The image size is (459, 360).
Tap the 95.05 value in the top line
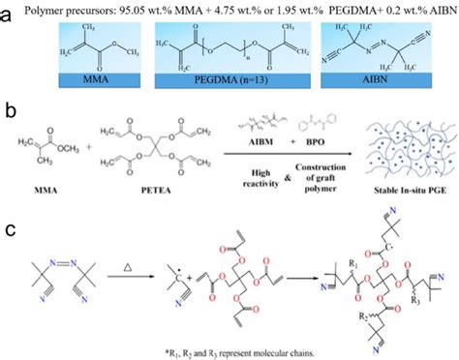tap(163, 12)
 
